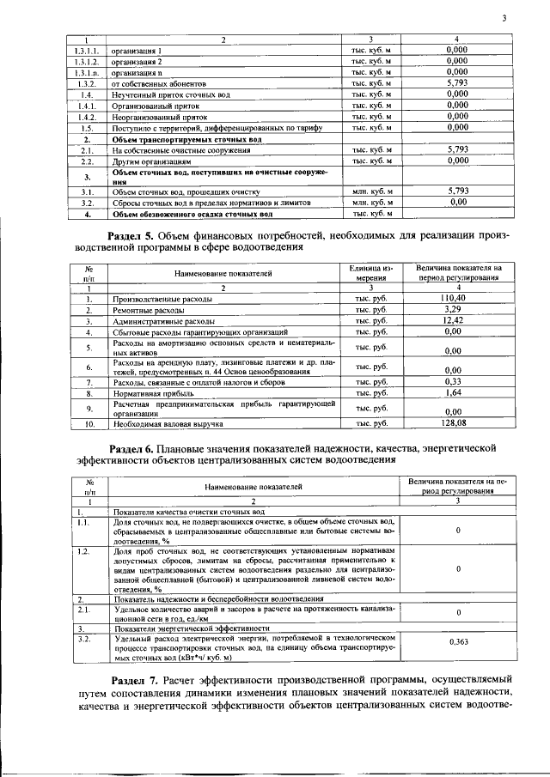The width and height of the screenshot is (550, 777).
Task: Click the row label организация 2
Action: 137,63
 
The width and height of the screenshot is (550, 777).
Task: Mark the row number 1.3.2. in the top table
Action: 85,84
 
